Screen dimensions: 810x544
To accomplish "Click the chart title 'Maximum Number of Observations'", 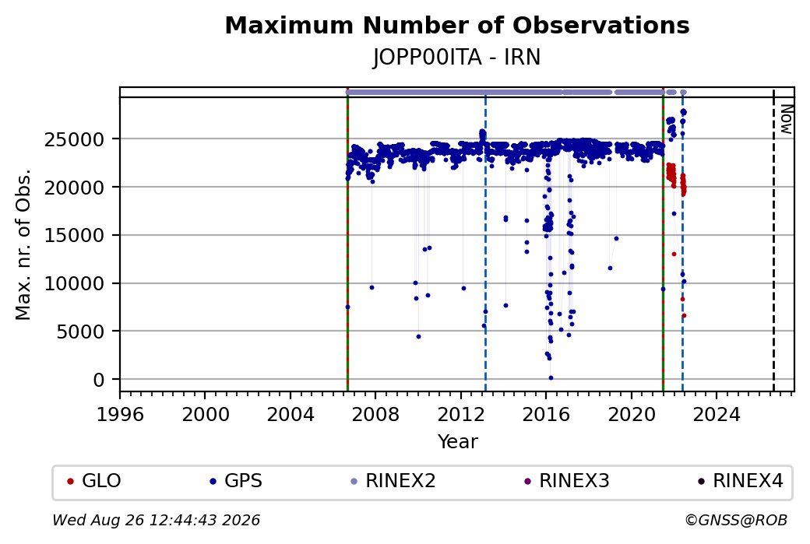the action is coord(457,25).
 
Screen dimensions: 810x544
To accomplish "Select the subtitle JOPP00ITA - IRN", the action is coord(456,58).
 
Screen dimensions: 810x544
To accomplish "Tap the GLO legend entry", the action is coord(94,481).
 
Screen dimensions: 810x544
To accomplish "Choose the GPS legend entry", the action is coord(236,481).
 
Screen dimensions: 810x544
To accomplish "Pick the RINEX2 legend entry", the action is coord(393,481).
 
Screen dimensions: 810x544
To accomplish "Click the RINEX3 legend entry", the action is coord(567,481).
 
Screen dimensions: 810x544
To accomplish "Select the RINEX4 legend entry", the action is coord(740,481).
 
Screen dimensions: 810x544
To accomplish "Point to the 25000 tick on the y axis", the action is coord(75,139).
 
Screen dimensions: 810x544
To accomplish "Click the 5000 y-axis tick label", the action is coord(80,332).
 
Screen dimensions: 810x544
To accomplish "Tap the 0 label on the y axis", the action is coord(99,381).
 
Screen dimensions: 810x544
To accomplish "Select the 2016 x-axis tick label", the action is coord(546,415).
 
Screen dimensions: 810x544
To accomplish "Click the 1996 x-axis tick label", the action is coord(120,415).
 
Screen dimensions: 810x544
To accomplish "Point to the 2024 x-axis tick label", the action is coord(717,415).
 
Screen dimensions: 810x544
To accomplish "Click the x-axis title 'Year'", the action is coord(458,442).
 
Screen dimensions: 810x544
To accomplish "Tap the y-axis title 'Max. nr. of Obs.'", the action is coord(23,244).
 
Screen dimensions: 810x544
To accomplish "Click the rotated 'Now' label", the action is coord(786,119).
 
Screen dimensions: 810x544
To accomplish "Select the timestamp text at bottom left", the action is coord(156,520).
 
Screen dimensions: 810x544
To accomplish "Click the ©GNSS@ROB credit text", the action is coord(736,520).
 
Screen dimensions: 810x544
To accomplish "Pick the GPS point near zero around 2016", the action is coord(551,377).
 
